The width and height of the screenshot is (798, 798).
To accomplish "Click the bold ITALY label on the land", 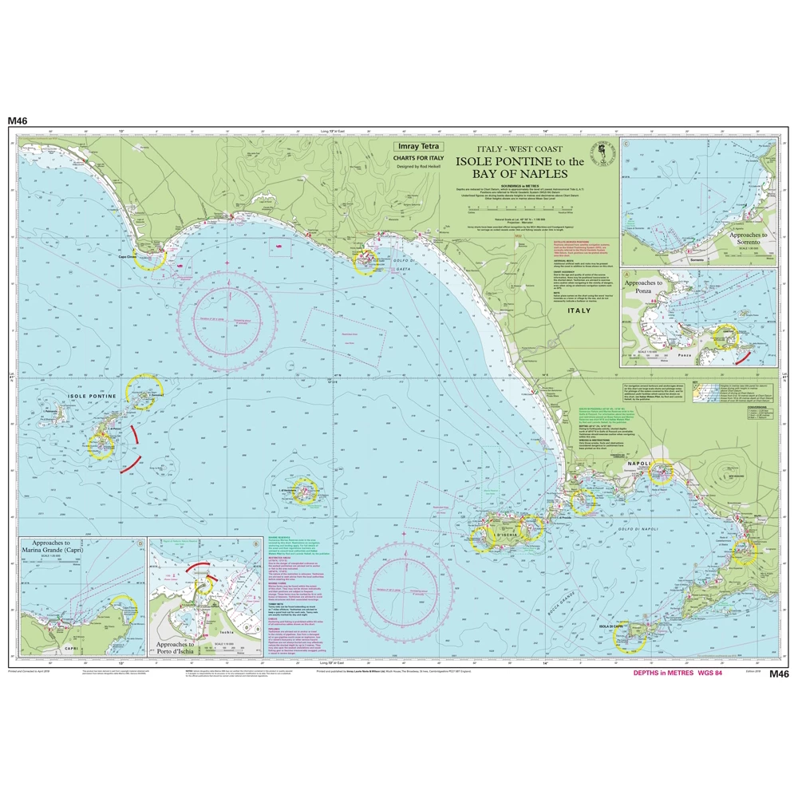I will (579, 310).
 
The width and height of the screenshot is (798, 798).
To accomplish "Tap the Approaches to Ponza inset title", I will (644, 287).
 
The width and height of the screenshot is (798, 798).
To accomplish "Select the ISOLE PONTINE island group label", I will (92, 397).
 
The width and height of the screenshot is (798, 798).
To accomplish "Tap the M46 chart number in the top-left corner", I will (18, 120).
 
